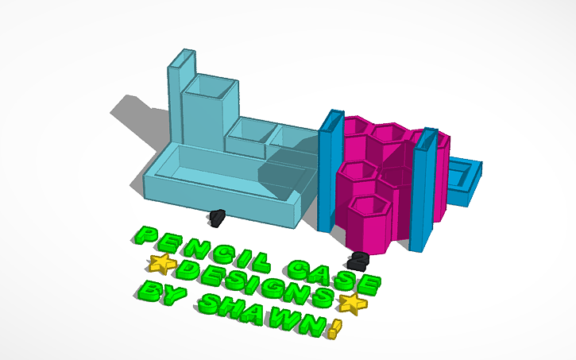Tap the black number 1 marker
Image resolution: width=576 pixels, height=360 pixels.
coord(218,215)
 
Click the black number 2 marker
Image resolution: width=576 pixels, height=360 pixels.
coord(359,259)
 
